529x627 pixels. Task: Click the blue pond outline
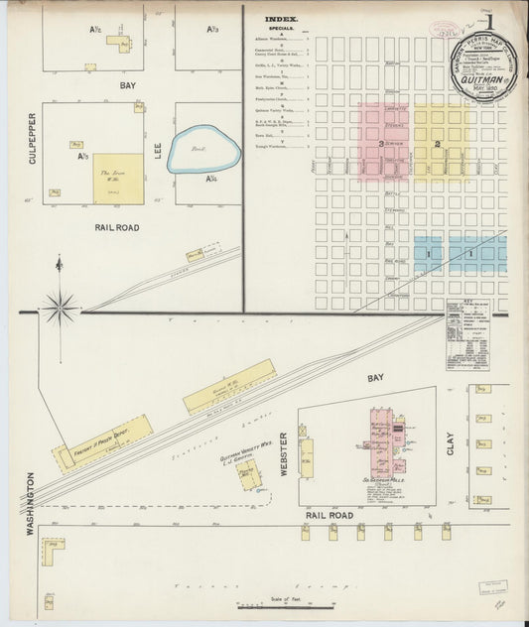203,149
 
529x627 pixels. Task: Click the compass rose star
60,307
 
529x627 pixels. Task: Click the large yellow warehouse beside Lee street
118,179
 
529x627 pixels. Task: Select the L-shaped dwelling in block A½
124,44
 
